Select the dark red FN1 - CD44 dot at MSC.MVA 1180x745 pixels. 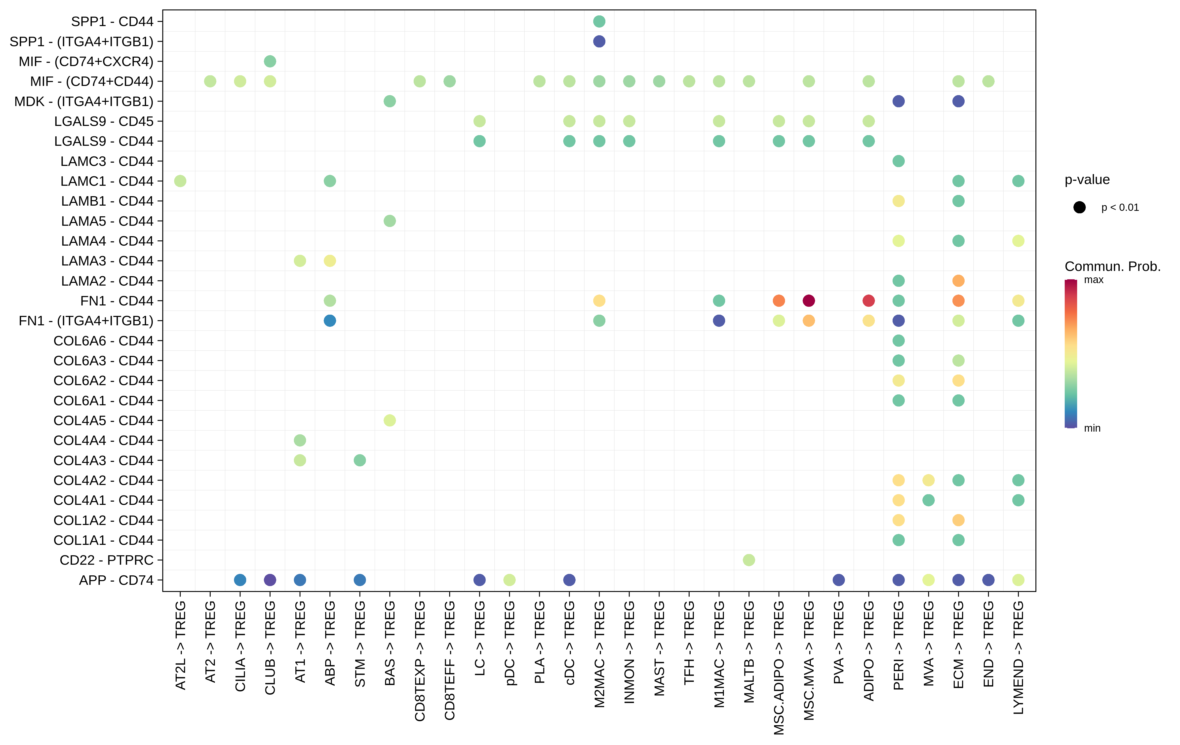(809, 301)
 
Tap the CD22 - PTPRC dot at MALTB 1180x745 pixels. (749, 560)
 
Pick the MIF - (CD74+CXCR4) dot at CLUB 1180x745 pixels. (270, 61)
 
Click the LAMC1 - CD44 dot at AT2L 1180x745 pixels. (180, 181)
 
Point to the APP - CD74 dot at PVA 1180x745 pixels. (838, 580)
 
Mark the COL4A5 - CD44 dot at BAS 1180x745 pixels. (390, 420)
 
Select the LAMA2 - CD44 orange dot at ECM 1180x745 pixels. (958, 281)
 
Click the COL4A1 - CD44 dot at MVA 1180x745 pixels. (928, 500)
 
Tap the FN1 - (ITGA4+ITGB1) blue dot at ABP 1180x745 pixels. (330, 321)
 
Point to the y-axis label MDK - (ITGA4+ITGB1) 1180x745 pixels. (84, 101)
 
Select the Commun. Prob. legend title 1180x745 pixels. (1112, 266)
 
